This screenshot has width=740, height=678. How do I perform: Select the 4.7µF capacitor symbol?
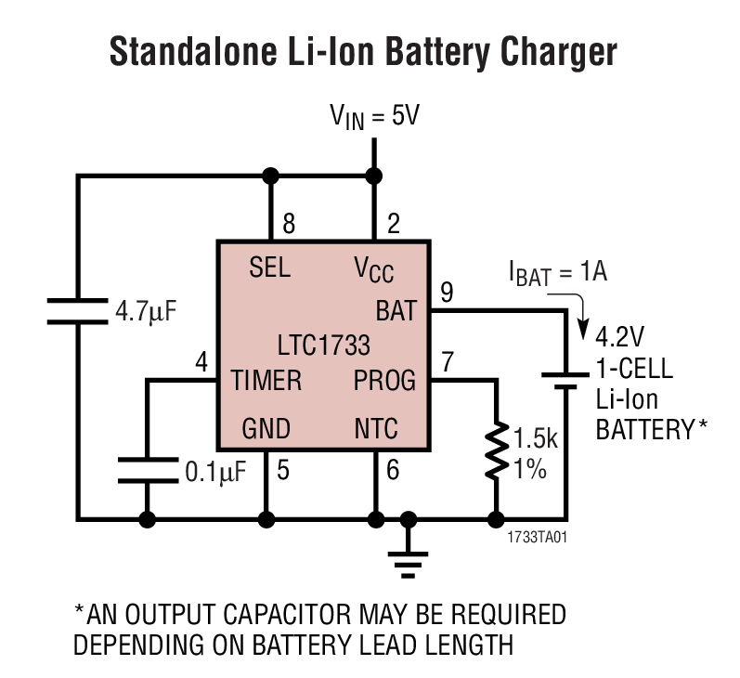tap(78, 310)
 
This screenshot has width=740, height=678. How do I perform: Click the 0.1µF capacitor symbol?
tap(148, 470)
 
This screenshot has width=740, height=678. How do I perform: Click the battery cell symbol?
tap(564, 383)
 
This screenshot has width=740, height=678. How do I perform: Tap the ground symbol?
tap(406, 555)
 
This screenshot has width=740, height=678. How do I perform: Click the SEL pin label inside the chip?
tap(269, 268)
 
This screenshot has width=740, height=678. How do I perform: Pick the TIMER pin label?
tap(266, 381)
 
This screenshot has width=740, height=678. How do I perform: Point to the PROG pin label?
tap(384, 381)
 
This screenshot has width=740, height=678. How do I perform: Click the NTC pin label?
tap(375, 429)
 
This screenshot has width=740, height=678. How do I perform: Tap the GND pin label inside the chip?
tap(266, 429)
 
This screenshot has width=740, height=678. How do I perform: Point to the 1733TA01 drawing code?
tap(537, 537)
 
